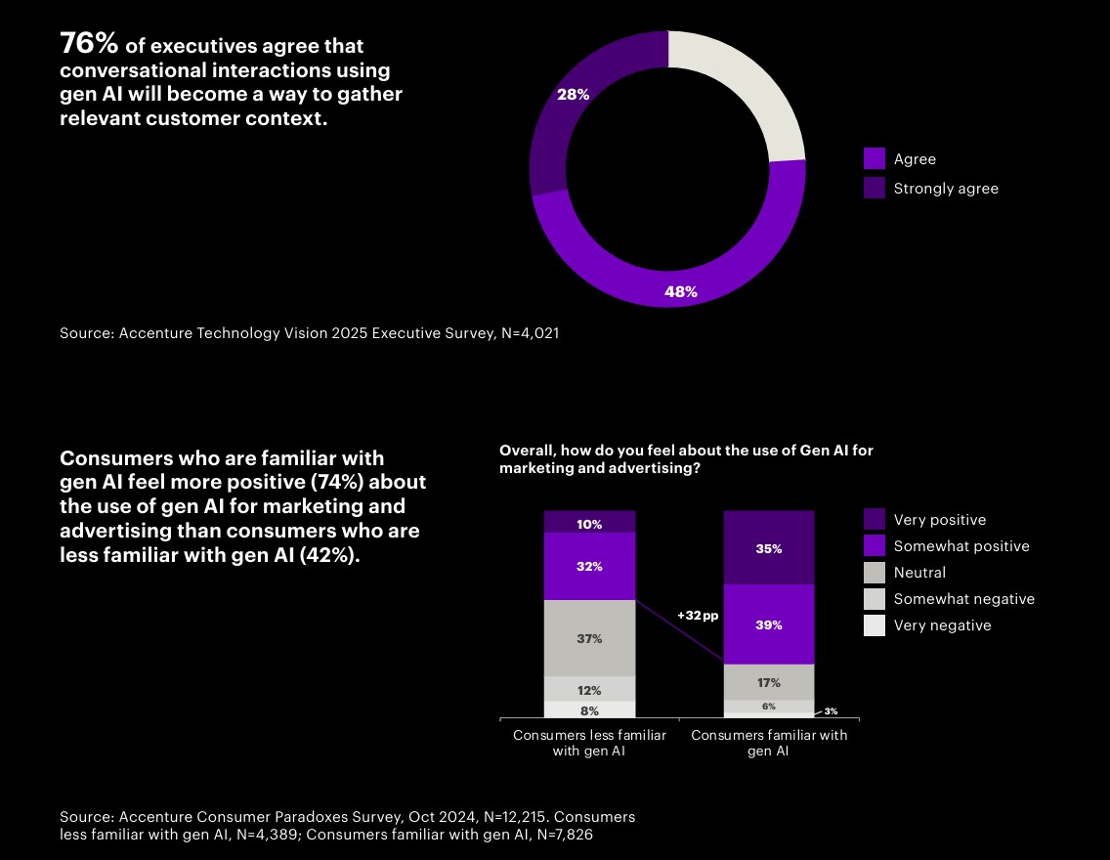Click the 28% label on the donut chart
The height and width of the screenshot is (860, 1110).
coord(573,95)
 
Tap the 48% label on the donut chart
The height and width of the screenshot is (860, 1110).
coord(680,291)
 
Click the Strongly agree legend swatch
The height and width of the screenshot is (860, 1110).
coord(875,189)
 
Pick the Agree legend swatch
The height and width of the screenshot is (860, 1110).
coord(875,159)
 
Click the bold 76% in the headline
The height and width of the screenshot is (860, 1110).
coord(89,44)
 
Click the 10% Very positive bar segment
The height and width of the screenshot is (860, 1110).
coord(589,523)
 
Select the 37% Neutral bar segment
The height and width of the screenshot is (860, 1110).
coord(589,638)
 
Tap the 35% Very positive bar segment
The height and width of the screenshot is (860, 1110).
coord(768,548)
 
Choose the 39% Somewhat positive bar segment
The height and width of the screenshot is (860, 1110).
coord(768,624)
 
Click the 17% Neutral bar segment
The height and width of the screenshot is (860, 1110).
coord(768,682)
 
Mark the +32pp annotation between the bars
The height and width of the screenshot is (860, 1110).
coord(698,616)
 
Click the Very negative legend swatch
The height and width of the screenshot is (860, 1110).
coord(875,625)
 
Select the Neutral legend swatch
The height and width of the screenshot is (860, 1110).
coord(875,573)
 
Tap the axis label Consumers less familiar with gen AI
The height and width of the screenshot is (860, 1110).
coord(589,743)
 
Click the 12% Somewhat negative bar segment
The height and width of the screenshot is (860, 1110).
coord(589,689)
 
